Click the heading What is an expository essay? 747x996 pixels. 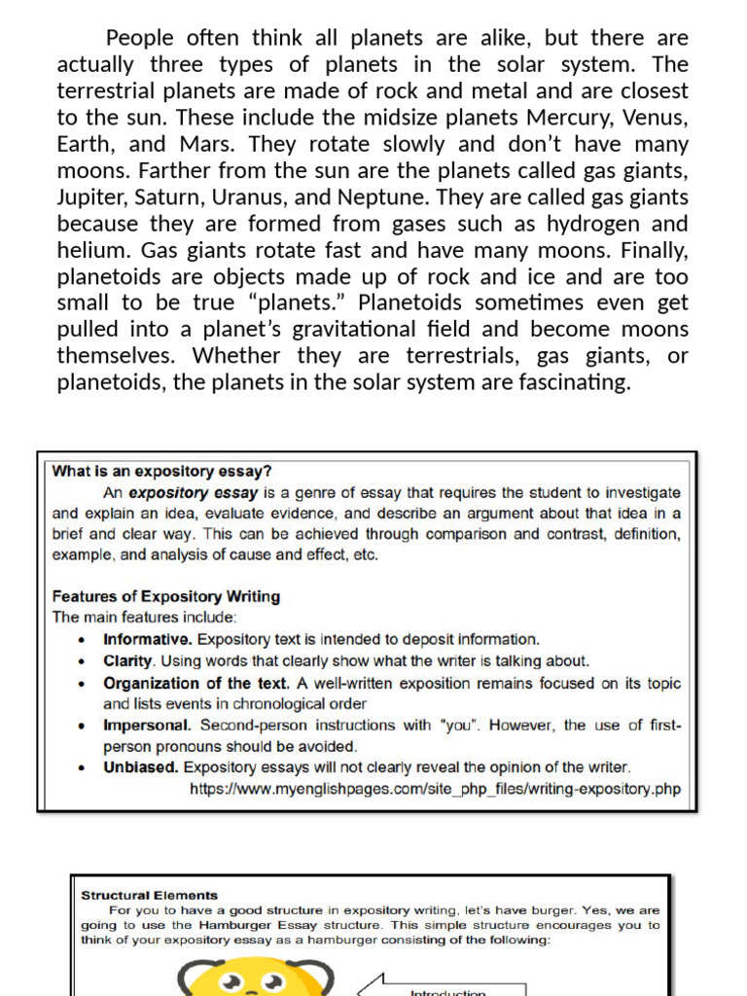coord(161,472)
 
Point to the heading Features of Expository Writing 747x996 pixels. coord(166,596)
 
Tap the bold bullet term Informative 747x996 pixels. coord(148,640)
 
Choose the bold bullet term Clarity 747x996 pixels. coord(128,660)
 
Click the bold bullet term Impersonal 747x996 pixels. coord(148,726)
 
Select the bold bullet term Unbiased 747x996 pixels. coord(141,766)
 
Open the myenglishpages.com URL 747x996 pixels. coord(435,788)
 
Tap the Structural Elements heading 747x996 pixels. coord(150,896)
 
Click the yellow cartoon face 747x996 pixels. coord(256,978)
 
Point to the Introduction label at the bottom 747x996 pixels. coord(446,992)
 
